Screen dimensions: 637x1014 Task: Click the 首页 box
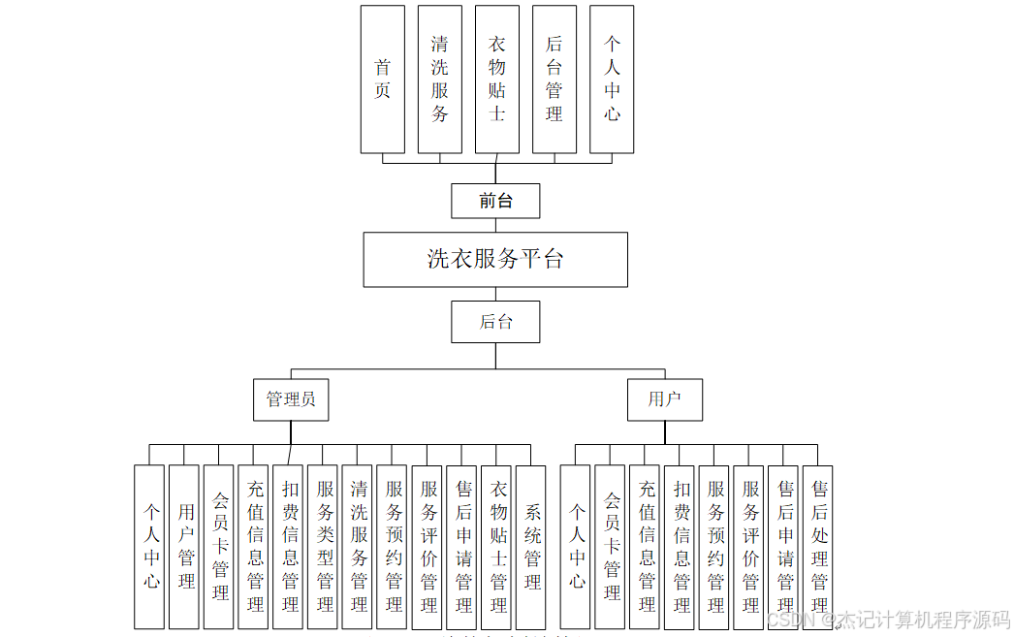[382, 80]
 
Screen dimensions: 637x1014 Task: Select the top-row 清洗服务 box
[439, 80]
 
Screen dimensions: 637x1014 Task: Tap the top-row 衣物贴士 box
[496, 80]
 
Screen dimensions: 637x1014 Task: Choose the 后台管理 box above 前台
[554, 80]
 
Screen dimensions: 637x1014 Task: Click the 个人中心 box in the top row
[612, 80]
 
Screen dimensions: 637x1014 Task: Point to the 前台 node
[495, 202]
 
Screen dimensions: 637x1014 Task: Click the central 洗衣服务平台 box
[495, 259]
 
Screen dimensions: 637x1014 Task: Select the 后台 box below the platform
[495, 322]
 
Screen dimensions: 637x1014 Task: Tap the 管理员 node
[291, 399]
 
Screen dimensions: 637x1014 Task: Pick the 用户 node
[664, 399]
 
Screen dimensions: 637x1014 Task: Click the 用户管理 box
[184, 547]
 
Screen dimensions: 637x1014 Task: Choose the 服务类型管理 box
[324, 547]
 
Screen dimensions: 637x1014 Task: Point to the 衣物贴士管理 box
[497, 547]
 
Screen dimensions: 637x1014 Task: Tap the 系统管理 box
[531, 547]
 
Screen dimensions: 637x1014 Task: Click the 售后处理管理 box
[818, 547]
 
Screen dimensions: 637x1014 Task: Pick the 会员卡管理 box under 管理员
[219, 547]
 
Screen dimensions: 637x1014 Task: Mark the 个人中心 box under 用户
[576, 547]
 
